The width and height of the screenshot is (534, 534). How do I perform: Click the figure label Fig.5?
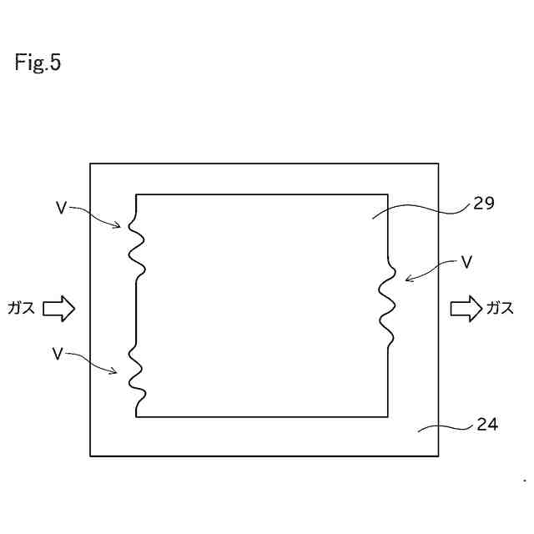click(x=38, y=63)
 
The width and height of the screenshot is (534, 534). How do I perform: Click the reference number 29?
click(x=484, y=203)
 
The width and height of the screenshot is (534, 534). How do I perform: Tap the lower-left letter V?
click(x=58, y=354)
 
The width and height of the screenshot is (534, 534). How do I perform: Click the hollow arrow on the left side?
click(x=58, y=309)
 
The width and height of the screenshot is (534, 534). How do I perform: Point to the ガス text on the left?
click(x=21, y=309)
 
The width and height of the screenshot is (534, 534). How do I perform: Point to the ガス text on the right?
click(x=500, y=309)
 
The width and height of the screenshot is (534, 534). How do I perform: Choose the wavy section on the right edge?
click(x=387, y=305)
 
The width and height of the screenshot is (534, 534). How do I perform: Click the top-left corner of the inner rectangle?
click(x=137, y=194)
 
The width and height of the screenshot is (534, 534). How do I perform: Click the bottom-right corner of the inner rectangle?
click(x=388, y=416)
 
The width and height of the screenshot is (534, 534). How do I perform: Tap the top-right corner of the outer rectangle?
click(x=438, y=164)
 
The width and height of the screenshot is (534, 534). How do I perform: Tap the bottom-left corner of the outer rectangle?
click(x=90, y=456)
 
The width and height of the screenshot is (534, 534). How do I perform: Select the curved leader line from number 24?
click(x=446, y=426)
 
